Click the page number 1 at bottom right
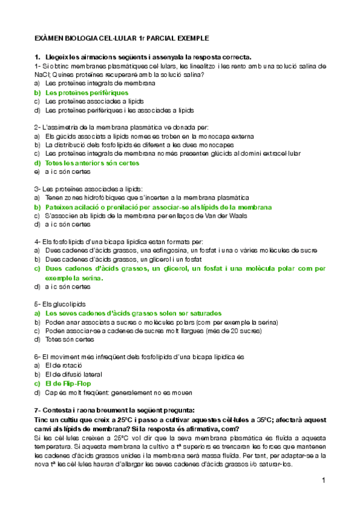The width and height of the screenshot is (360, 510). point(323,481)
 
